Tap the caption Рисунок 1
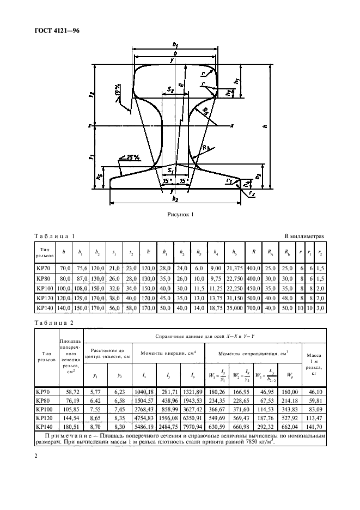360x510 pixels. pos(180,215)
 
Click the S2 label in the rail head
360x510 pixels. pos(170,88)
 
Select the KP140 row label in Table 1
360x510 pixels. pos(46,308)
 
